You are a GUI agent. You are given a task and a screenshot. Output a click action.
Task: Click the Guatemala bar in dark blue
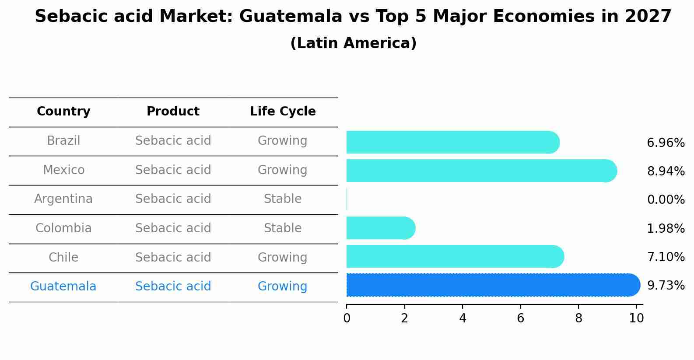[x=492, y=285]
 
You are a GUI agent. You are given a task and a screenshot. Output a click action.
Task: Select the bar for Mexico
[x=481, y=171]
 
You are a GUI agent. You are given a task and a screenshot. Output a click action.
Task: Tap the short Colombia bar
[x=380, y=228]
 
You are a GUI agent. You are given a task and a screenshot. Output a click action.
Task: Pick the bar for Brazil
[x=452, y=142]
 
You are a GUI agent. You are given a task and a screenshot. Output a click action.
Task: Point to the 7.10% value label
[x=666, y=257]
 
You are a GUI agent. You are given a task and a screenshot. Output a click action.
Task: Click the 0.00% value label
[x=666, y=200]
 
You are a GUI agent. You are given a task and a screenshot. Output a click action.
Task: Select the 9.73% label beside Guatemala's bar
[x=666, y=286]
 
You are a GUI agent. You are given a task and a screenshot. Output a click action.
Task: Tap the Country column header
[x=63, y=112]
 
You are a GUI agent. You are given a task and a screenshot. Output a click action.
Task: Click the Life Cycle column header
[x=283, y=112]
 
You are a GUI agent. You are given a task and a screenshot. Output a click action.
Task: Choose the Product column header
[x=173, y=112]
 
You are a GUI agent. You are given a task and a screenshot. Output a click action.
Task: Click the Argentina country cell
[x=63, y=199]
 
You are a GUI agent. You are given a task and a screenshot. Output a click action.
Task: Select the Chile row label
[x=63, y=257]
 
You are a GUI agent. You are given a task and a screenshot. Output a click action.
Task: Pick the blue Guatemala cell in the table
[x=63, y=287]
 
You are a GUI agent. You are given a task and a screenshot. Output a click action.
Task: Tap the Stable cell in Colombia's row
[x=283, y=228]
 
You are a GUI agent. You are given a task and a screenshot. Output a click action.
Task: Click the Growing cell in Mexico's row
[x=283, y=170]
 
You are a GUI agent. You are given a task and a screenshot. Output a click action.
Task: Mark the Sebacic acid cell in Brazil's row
[x=173, y=141]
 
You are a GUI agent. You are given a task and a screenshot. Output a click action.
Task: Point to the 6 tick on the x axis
[x=520, y=318]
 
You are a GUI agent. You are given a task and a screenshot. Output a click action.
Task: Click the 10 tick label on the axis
[x=636, y=318]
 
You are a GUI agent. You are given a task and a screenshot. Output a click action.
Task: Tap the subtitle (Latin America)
[x=353, y=43]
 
